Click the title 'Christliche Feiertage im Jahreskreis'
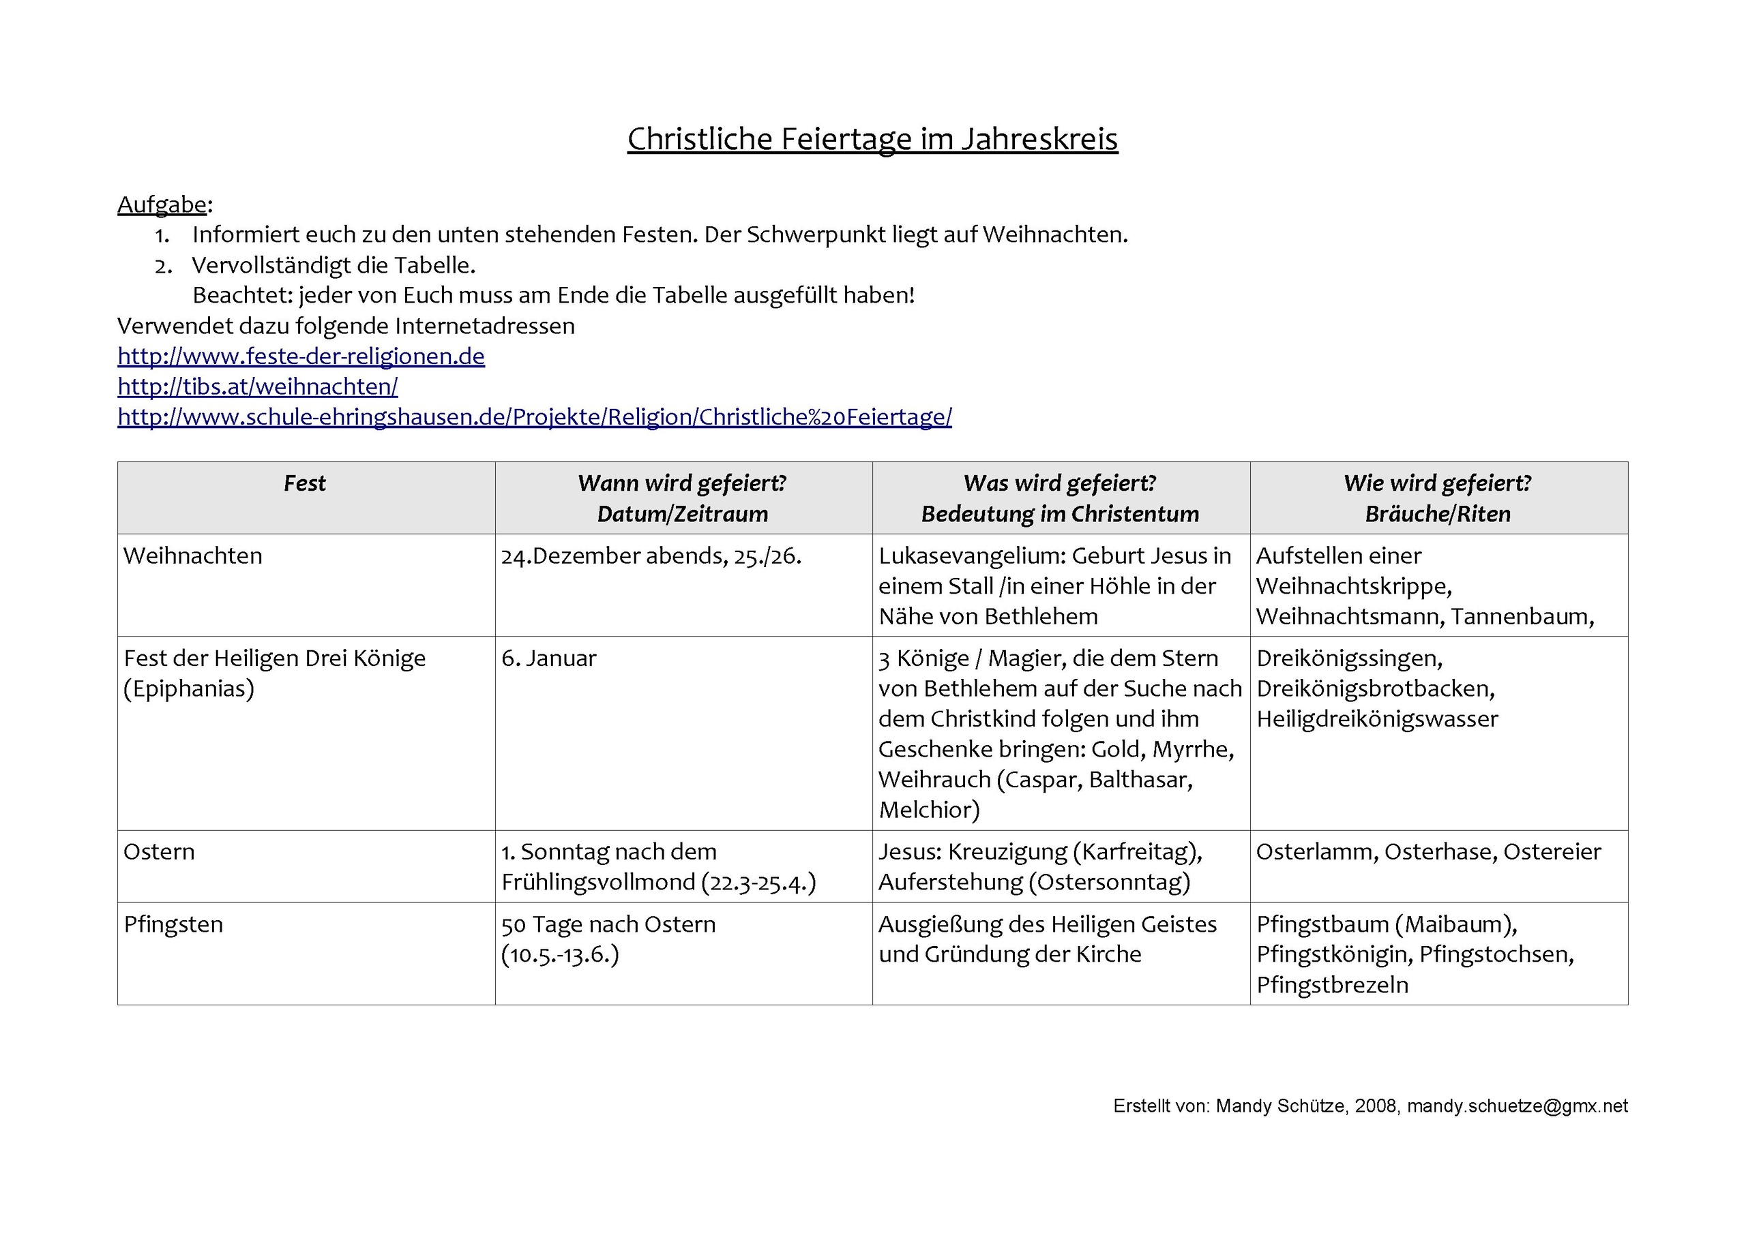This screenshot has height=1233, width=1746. [872, 139]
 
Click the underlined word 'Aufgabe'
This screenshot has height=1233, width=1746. [162, 204]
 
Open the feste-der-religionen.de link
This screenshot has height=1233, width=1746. [301, 356]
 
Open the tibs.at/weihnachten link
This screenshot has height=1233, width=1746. [258, 386]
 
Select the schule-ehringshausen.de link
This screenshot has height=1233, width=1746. [535, 416]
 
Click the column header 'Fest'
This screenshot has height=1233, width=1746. [305, 483]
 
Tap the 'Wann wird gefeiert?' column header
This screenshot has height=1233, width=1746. [682, 483]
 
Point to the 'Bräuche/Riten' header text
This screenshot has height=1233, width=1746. [1437, 514]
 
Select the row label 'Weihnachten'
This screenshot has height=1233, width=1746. [193, 555]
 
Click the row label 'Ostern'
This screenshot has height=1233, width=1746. [159, 851]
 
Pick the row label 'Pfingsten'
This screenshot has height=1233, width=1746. [173, 924]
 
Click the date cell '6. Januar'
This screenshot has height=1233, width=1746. [549, 658]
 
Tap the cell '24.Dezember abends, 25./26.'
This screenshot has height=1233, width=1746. [651, 555]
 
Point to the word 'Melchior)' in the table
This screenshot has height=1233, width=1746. [930, 810]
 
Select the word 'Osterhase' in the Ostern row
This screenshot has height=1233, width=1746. [1440, 851]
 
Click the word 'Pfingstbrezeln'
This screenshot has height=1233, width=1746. [1332, 985]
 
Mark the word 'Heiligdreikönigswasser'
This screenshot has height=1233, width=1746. [1376, 719]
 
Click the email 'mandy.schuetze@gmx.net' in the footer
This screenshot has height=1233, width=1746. [1517, 1106]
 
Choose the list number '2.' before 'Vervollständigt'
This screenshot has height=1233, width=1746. [164, 266]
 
